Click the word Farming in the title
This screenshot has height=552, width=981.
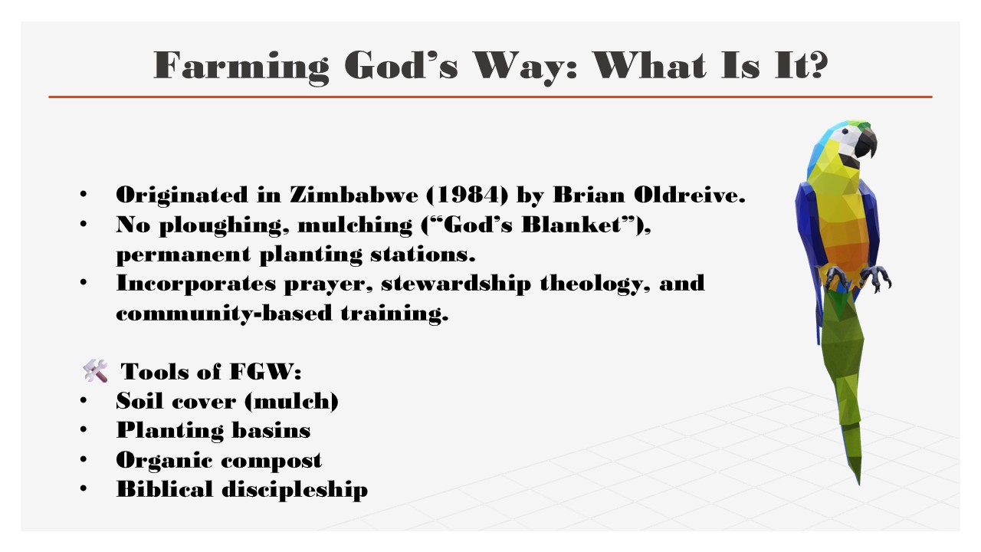tap(241, 67)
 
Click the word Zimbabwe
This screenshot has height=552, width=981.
tap(354, 195)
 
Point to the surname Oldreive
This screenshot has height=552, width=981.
tap(689, 195)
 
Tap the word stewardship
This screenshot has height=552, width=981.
tap(456, 284)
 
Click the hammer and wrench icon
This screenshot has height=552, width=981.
tap(95, 370)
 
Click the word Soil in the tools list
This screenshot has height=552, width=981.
tap(139, 400)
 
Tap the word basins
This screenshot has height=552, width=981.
tap(271, 430)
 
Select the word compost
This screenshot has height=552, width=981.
tap(271, 461)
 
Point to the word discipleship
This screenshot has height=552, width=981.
tap(295, 489)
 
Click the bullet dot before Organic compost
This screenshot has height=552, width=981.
tap(84, 458)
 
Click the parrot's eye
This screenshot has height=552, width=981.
tap(845, 130)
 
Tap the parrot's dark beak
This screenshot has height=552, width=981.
tap(866, 143)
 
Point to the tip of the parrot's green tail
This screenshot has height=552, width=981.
tap(859, 485)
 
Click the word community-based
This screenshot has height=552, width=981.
tap(224, 314)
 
